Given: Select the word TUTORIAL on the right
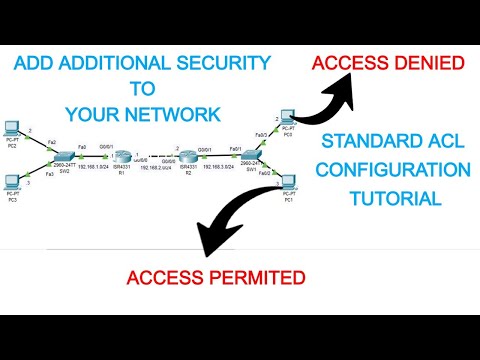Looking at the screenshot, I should point(396,198).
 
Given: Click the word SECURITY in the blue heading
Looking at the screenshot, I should point(218,63).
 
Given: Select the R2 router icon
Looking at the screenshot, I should point(190,160).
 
